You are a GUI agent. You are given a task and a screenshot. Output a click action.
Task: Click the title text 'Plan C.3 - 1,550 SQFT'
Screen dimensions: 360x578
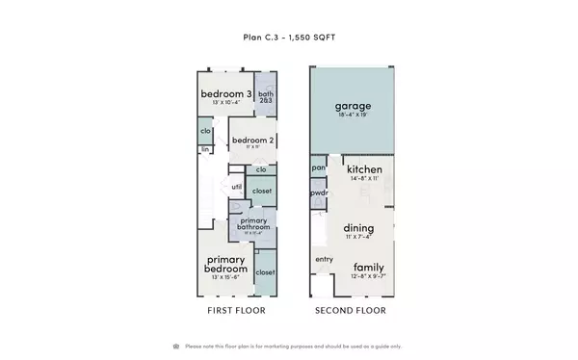288,38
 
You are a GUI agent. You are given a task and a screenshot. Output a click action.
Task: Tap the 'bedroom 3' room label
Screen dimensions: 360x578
227,93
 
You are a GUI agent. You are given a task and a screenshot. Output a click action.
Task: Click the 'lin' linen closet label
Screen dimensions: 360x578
205,150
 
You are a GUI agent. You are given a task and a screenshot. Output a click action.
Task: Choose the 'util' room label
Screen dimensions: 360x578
236,187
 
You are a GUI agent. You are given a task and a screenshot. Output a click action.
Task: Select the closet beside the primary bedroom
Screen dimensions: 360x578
265,272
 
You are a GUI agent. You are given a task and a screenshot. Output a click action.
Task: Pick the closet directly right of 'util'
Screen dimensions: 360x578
262,192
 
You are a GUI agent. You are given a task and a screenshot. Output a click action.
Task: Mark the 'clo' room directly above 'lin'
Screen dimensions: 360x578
206,131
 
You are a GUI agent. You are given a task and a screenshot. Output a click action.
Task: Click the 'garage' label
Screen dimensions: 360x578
352,105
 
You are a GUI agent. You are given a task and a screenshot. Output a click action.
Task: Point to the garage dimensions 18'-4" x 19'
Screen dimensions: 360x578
352,116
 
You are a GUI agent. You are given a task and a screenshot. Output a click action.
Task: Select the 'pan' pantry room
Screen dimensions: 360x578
319,168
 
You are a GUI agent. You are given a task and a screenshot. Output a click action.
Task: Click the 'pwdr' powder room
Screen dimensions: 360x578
319,193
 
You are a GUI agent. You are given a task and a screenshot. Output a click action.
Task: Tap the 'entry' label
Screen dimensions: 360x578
322,260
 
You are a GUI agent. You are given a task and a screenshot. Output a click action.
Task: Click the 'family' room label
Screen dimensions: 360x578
369,267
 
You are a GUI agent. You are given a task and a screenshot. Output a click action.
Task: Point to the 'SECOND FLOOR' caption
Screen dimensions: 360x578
352,311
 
